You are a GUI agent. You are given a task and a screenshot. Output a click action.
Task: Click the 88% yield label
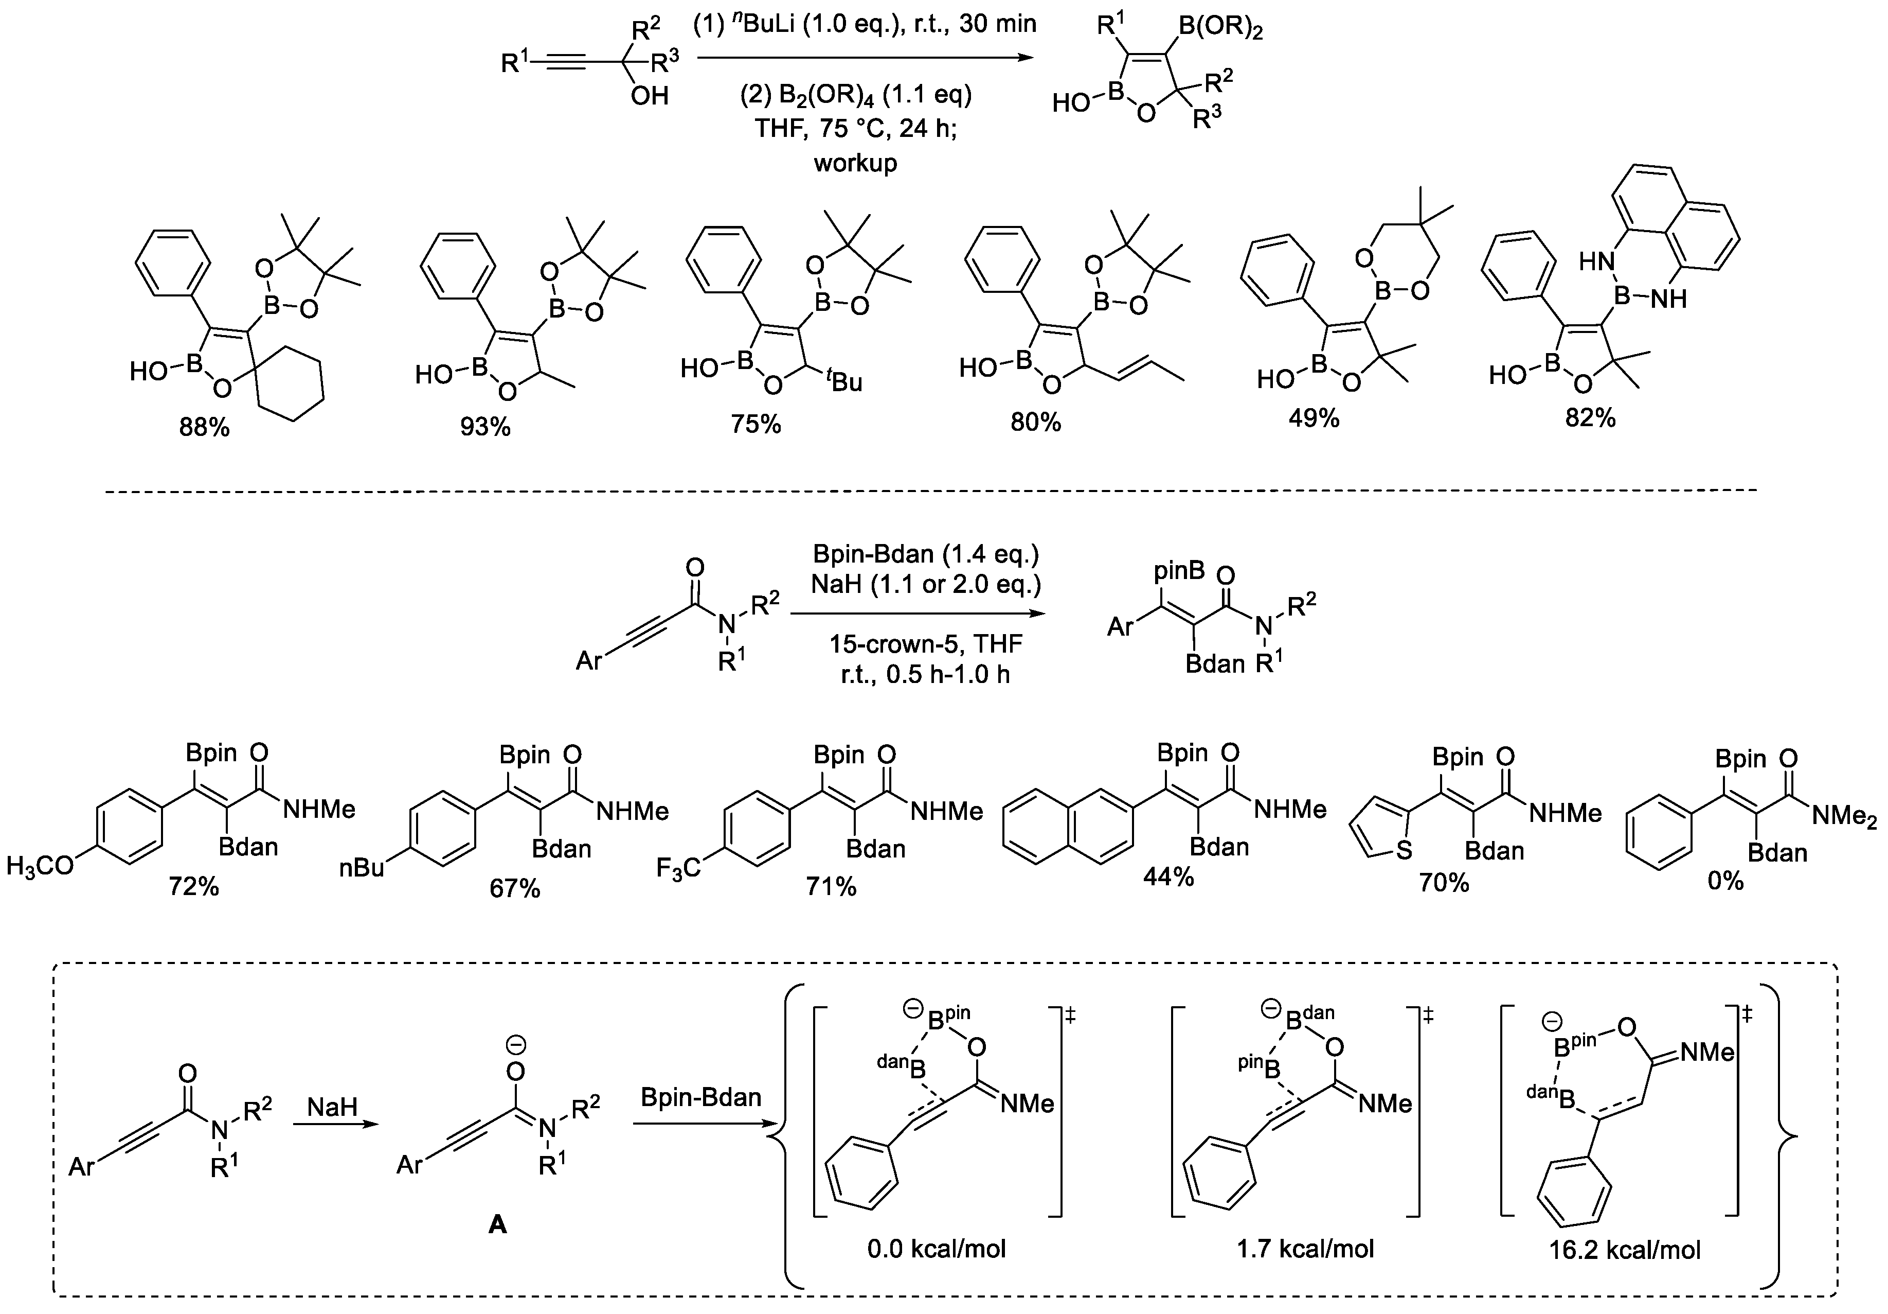click(x=204, y=427)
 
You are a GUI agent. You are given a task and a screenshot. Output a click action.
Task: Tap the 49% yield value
click(x=1313, y=418)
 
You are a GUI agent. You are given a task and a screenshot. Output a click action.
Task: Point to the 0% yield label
click(x=1725, y=881)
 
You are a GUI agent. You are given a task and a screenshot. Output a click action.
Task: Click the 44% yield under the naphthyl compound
click(x=1167, y=877)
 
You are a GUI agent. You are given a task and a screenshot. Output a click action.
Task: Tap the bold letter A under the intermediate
click(x=497, y=1225)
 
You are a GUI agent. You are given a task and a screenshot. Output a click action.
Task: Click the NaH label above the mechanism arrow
click(x=332, y=1107)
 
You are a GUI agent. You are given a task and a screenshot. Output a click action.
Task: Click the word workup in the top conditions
click(x=855, y=163)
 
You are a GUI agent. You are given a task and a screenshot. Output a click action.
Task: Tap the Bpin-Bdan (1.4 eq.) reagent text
click(x=925, y=554)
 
